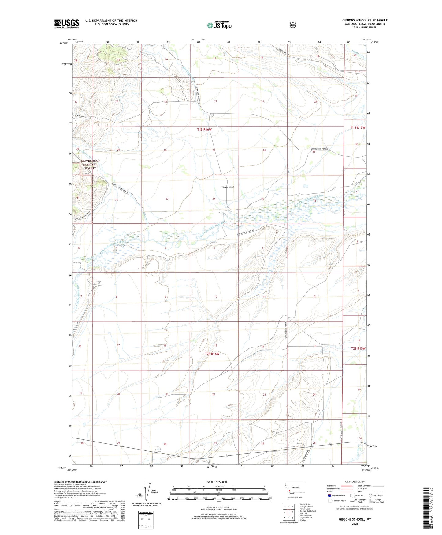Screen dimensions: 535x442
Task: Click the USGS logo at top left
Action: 67,24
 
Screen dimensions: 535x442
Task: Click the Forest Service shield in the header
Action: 293,25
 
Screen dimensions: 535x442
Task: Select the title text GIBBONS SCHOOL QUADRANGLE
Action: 365,20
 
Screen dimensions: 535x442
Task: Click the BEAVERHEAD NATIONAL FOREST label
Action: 90,165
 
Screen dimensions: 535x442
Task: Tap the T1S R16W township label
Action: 204,130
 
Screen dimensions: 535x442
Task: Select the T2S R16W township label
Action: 212,354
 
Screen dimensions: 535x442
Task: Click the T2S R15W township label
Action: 358,348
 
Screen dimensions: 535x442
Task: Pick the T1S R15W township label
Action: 358,127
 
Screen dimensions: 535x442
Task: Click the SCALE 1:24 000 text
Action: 217,482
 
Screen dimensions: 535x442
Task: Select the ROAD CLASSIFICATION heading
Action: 355,482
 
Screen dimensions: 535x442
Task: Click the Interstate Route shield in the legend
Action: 329,495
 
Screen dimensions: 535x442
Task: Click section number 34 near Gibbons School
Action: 214,199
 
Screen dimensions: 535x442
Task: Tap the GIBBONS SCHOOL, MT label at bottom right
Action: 355,519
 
